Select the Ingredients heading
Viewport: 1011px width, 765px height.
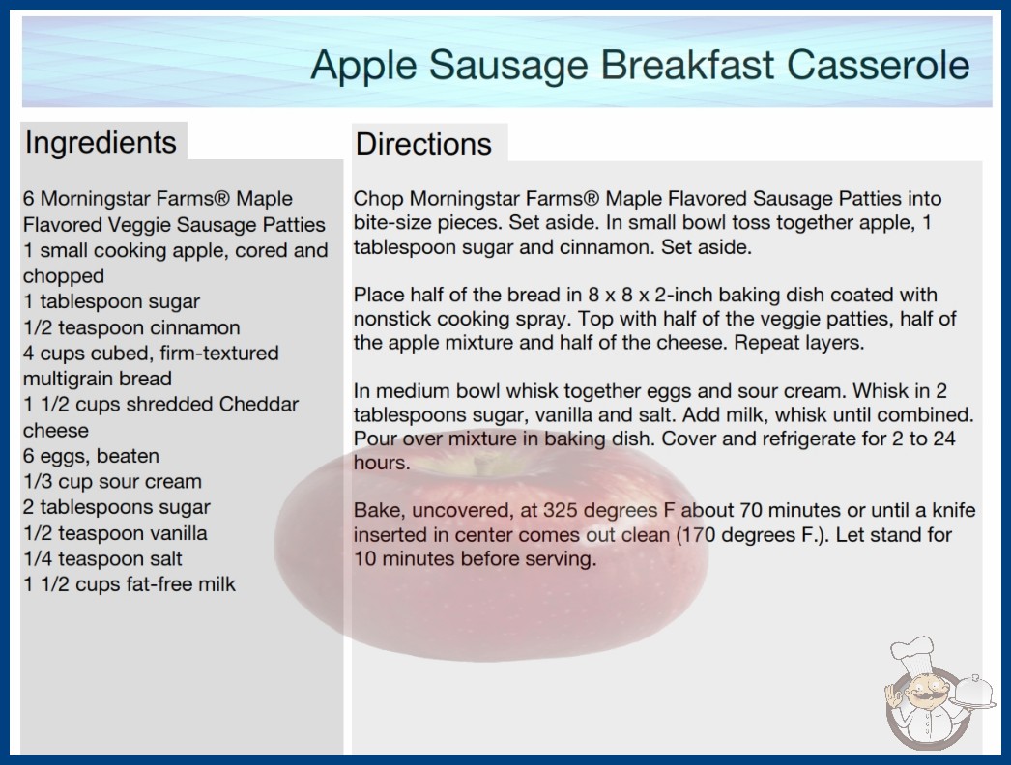101,142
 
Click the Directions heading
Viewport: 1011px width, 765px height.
423,144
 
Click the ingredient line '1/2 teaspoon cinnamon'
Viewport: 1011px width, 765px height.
131,327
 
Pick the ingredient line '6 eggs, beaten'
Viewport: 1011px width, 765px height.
92,456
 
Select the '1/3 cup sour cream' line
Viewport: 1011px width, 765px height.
113,481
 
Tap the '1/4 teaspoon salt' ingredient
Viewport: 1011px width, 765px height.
103,558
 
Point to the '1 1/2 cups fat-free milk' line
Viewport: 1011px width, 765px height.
130,584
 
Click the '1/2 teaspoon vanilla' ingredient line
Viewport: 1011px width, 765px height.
115,533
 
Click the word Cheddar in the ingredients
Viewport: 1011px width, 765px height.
259,404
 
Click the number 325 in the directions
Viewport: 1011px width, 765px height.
561,510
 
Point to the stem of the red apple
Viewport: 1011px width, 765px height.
478,463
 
